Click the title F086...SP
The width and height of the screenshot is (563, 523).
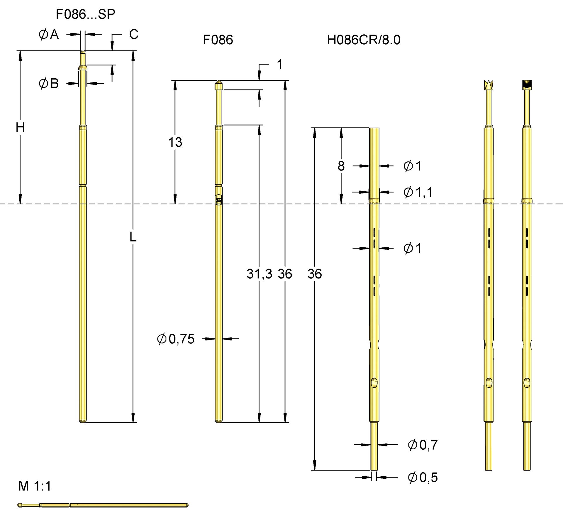(85, 14)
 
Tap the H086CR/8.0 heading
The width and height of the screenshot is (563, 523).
(363, 40)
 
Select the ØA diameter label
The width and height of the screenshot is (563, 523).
(49, 35)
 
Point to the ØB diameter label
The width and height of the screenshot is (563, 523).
(49, 84)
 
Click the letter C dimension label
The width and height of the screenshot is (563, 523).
(134, 35)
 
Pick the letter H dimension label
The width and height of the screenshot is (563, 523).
(20, 128)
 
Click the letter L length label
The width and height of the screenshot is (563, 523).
(133, 237)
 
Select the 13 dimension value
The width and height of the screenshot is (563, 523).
(175, 142)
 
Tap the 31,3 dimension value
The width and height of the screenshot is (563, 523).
(259, 274)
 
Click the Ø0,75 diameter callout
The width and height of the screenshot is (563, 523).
(176, 339)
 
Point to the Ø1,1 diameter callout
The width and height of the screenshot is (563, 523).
(418, 192)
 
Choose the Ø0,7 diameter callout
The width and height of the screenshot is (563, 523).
(423, 445)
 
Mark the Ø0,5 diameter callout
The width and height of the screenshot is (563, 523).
(423, 478)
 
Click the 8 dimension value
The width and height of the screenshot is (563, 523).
(341, 166)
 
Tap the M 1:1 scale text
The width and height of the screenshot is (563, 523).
(35, 486)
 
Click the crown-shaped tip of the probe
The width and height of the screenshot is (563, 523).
(489, 85)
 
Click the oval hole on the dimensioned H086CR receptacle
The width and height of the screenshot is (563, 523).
(374, 382)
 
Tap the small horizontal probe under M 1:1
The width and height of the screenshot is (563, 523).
(103, 505)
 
